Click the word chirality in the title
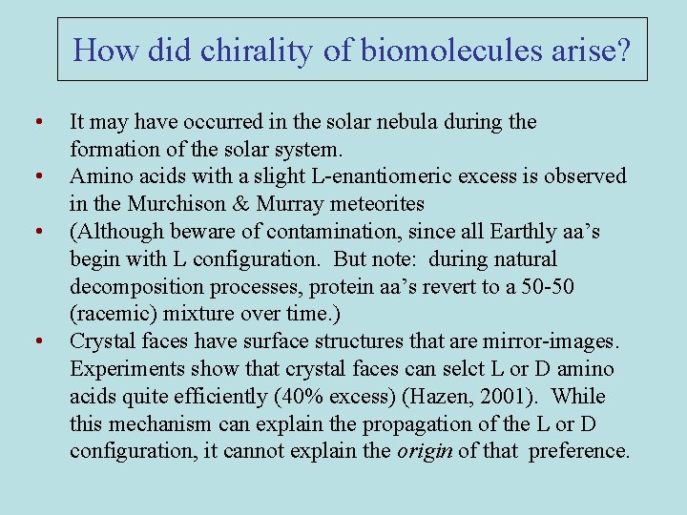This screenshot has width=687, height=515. click(258, 50)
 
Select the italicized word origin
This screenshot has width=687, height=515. click(425, 450)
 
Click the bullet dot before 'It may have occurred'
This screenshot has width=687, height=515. click(36, 122)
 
